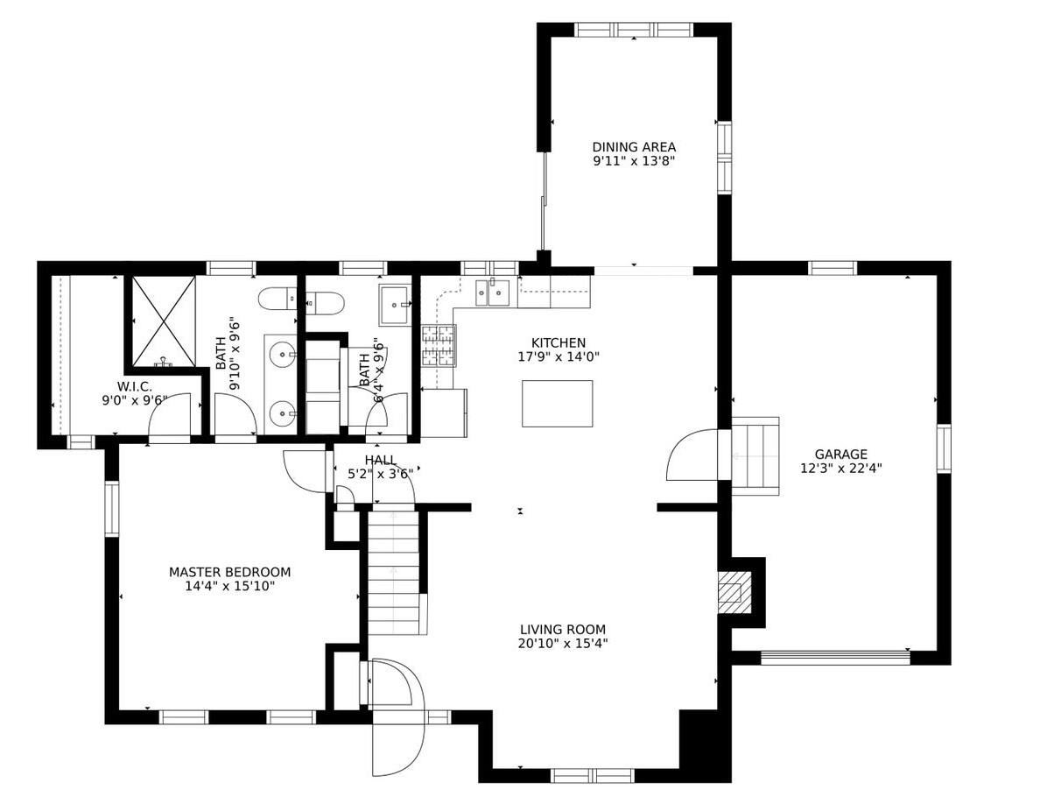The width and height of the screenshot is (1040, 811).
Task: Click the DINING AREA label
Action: pyautogui.click(x=634, y=147)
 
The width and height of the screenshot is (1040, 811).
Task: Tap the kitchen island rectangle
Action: pyautogui.click(x=557, y=404)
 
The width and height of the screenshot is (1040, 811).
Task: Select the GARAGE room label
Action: pyautogui.click(x=840, y=454)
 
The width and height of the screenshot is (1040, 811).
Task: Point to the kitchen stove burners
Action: pyautogui.click(x=439, y=345)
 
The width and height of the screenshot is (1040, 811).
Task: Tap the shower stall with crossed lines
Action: pyautogui.click(x=164, y=321)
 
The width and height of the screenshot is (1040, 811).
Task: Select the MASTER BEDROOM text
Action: pyautogui.click(x=229, y=572)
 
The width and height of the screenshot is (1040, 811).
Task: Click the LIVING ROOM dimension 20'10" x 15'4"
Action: pyautogui.click(x=562, y=644)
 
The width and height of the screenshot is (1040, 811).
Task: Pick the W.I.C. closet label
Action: pyautogui.click(x=135, y=386)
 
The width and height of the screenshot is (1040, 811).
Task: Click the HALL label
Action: pyautogui.click(x=380, y=461)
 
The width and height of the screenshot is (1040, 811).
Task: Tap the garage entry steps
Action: pyautogui.click(x=755, y=455)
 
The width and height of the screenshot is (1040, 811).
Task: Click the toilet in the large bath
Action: pyautogui.click(x=278, y=300)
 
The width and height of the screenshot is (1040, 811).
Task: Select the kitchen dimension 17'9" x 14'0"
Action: pyautogui.click(x=559, y=356)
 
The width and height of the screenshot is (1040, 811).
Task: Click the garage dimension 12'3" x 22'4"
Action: pyautogui.click(x=840, y=468)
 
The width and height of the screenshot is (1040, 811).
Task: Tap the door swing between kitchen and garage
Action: pyautogui.click(x=693, y=455)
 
